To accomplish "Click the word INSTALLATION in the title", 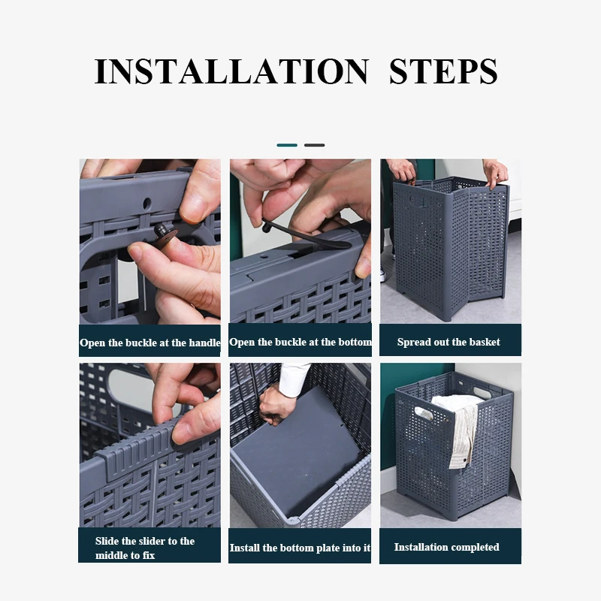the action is pos(232,71).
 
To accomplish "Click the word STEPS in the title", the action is pos(443,71).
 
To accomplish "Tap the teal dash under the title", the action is pos(287,145).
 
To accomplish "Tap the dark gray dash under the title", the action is pos(314,145).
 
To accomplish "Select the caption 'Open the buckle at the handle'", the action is pos(149,343).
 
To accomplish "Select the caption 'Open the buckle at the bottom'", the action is pos(300,342).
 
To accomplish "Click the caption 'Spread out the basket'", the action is pos(448,342).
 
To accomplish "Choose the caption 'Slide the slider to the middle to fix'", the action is pos(145,548).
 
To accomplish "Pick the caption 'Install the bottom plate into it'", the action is pos(300,548).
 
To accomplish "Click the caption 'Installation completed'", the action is pos(446,547).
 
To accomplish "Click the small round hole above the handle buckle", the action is pos(146,203).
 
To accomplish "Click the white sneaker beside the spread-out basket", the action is pos(383,274).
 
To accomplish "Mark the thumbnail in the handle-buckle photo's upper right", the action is pos(200,208).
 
